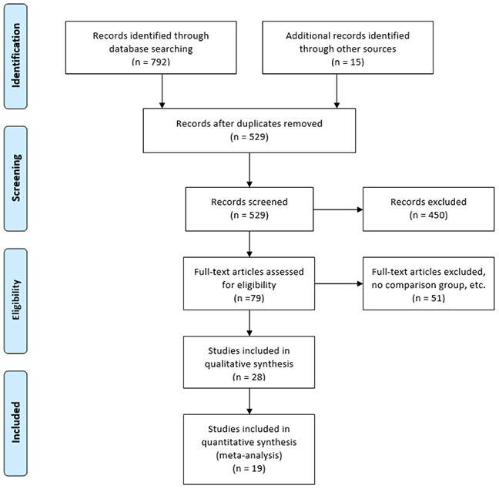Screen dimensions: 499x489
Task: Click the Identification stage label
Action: [15, 55]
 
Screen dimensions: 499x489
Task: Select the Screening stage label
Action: [15, 178]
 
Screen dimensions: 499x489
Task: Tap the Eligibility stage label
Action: [15, 300]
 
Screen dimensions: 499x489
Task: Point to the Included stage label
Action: [15, 423]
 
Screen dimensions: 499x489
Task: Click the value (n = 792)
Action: [151, 62]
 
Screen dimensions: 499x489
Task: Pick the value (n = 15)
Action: [347, 62]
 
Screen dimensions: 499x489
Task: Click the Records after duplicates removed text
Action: [249, 123]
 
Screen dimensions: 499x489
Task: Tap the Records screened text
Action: [249, 202]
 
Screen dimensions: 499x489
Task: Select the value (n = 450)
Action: [428, 215]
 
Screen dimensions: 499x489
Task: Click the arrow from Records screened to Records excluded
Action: [338, 209]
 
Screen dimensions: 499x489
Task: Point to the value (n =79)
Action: [249, 298]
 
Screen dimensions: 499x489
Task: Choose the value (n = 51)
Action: [428, 298]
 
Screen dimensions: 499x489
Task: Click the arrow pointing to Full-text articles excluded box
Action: [339, 284]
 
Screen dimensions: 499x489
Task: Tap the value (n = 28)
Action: [249, 377]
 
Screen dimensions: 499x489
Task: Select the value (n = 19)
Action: [249, 468]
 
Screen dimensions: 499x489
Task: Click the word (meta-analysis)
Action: [249, 455]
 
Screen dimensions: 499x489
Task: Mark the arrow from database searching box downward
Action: [162, 91]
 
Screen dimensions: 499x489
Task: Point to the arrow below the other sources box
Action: [337, 91]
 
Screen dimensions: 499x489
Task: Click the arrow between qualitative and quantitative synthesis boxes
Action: [249, 401]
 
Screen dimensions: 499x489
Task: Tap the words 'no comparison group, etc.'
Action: [428, 285]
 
